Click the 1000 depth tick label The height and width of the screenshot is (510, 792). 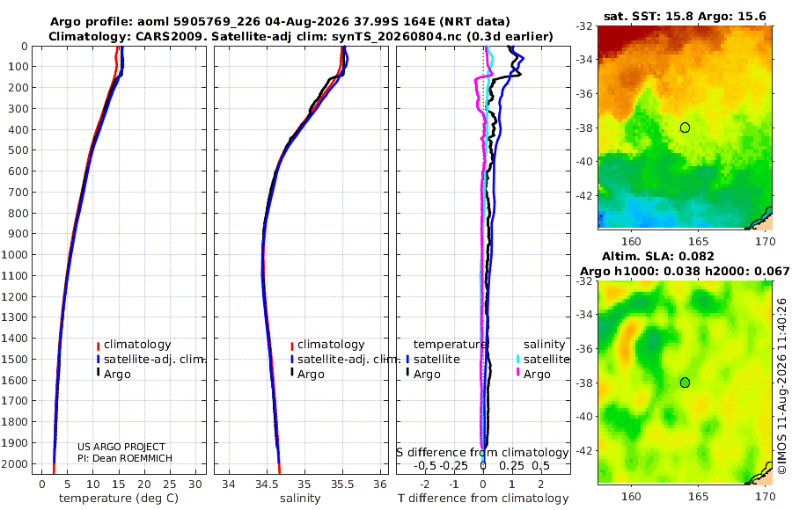click(x=14, y=254)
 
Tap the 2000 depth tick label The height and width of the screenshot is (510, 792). click(x=14, y=463)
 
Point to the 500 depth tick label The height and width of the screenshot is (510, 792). click(x=18, y=150)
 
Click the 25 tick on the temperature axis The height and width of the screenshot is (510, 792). click(x=170, y=484)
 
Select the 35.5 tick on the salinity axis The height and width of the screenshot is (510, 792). click(x=342, y=484)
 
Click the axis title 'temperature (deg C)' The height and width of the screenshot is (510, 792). click(x=119, y=499)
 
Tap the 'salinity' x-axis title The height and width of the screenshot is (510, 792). click(x=301, y=499)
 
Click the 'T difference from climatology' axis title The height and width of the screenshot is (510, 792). click(x=483, y=499)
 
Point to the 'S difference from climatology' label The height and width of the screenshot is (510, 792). click(x=482, y=452)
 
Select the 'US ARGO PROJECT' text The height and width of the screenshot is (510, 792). click(x=121, y=447)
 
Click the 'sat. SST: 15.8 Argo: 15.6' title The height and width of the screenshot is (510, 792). click(x=685, y=16)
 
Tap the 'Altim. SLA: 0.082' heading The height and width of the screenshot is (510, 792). click(x=658, y=256)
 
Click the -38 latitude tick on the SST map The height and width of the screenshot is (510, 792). click(x=584, y=127)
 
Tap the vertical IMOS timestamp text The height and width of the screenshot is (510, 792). click(x=782, y=386)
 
